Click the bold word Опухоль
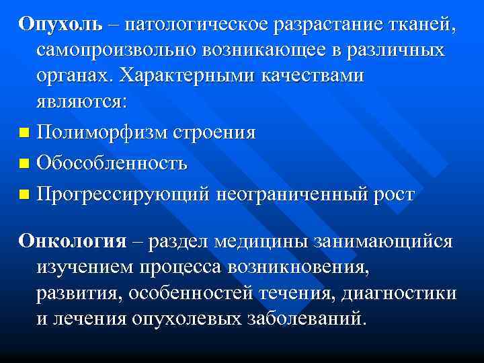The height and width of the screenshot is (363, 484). click(x=61, y=24)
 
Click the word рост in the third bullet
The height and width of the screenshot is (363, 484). click(x=393, y=195)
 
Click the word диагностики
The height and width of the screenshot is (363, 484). click(x=399, y=294)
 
